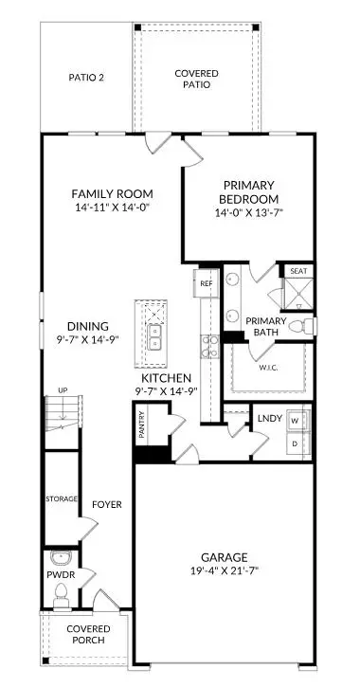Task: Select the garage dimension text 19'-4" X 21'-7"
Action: [224, 571]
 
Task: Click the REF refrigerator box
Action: [205, 281]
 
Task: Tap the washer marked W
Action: [295, 420]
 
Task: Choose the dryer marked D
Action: [295, 443]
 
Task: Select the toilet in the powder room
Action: [62, 594]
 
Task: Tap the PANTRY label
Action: [141, 421]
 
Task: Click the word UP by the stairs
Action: [63, 390]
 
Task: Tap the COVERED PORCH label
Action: [87, 635]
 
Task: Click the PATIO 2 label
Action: [87, 78]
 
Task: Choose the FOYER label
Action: [107, 504]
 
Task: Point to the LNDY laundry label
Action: [269, 417]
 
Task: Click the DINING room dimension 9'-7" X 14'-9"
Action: [81, 342]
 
